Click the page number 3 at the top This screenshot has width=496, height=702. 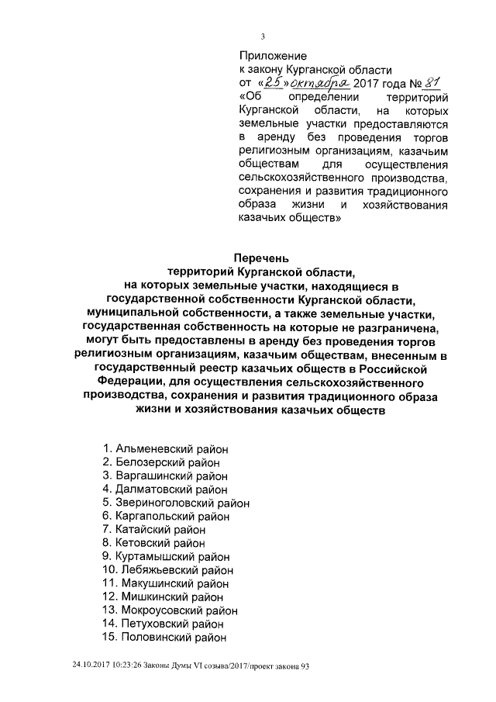point(263,36)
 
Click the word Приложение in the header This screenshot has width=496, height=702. point(272,56)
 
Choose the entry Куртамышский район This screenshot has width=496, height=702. point(166,557)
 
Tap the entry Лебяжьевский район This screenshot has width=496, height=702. point(166,570)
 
